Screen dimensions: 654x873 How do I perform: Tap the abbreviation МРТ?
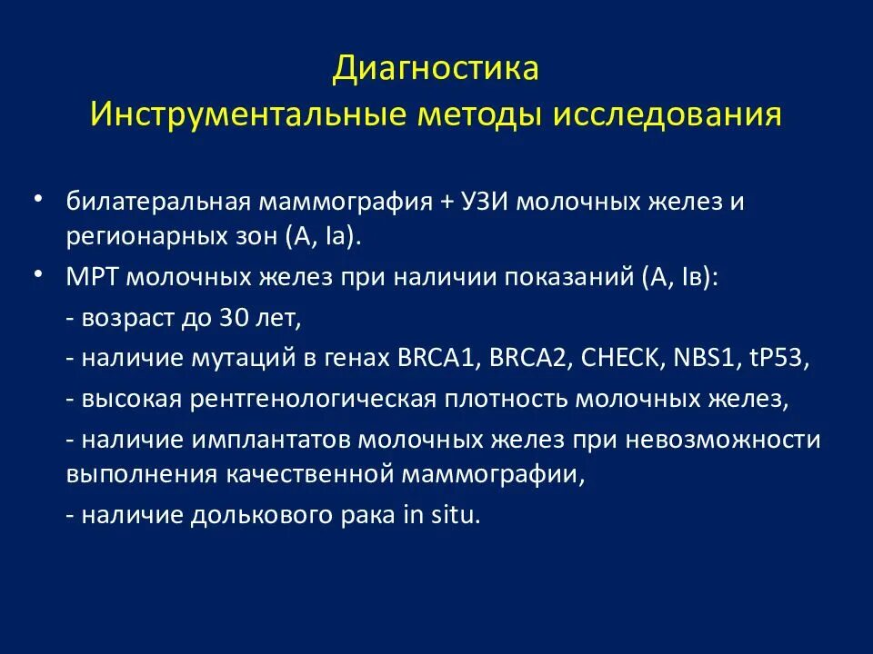pos(92,277)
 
